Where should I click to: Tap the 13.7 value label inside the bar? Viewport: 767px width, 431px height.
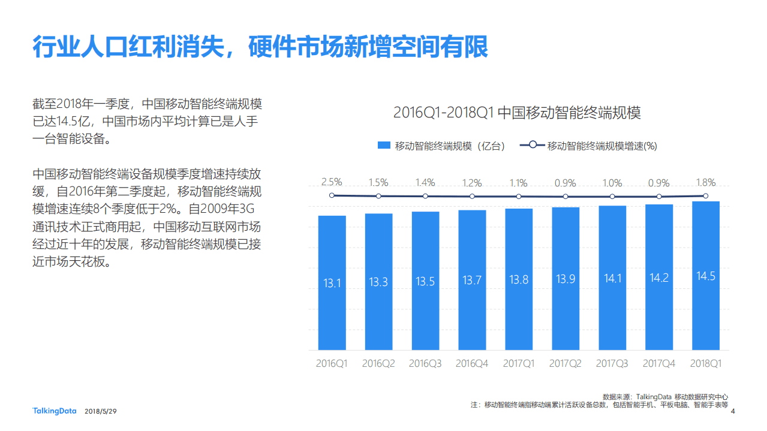tap(472, 280)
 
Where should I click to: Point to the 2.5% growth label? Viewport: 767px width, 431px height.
tap(332, 182)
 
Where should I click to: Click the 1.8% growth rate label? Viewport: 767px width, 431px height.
tap(705, 182)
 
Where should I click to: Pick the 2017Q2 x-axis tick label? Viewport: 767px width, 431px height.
tap(566, 363)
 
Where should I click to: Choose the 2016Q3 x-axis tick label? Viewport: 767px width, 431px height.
tap(425, 363)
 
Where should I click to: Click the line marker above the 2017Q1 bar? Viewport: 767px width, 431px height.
tap(519, 196)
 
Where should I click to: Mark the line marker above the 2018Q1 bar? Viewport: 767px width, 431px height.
tap(705, 195)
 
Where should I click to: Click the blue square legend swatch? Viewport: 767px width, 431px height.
tap(384, 146)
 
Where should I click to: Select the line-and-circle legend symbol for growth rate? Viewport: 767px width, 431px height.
tap(532, 145)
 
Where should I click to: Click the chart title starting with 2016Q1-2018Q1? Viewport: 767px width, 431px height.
tap(517, 113)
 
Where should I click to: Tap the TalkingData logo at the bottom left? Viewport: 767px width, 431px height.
tap(54, 411)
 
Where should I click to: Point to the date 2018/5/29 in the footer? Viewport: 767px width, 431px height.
tap(100, 412)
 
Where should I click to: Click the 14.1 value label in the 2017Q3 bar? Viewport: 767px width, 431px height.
tap(612, 278)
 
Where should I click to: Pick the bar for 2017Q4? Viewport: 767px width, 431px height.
tap(659, 277)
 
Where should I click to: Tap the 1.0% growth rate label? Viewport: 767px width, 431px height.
tap(612, 183)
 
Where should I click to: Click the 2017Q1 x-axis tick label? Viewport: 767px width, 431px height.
tap(519, 363)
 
